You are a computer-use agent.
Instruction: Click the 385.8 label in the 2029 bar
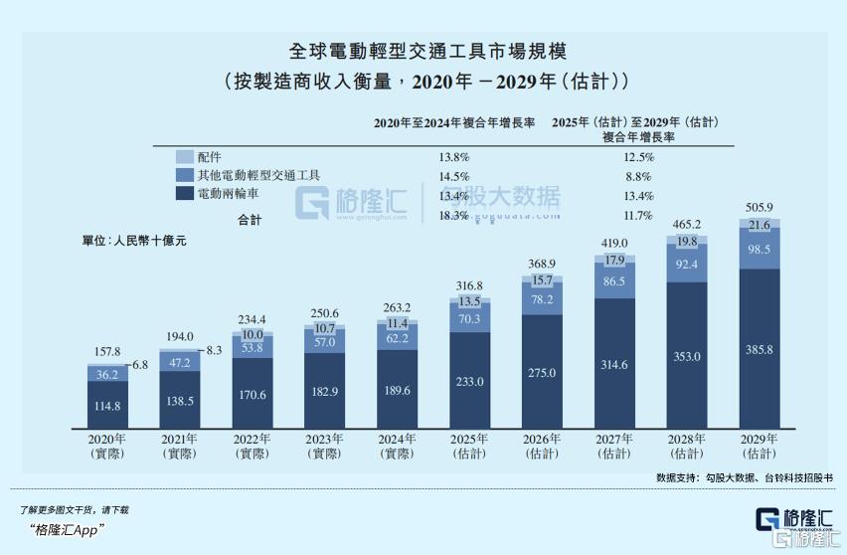point(760,349)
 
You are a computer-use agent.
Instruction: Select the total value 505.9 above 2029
point(760,207)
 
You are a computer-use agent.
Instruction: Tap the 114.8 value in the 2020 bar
point(106,406)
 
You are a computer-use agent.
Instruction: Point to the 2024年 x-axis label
point(397,438)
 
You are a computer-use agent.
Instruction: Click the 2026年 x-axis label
point(542,438)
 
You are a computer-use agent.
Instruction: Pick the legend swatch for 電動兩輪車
point(184,194)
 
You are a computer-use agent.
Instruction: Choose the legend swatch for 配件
point(184,157)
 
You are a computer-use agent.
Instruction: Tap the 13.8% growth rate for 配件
point(453,157)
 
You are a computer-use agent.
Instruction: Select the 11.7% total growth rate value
point(637,215)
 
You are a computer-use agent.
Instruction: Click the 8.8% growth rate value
point(637,176)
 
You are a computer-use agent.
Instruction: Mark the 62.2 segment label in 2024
point(397,338)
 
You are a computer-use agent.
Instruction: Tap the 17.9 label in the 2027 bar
point(614,260)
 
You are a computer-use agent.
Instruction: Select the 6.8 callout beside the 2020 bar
point(139,365)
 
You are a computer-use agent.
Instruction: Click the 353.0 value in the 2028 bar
point(687,356)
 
